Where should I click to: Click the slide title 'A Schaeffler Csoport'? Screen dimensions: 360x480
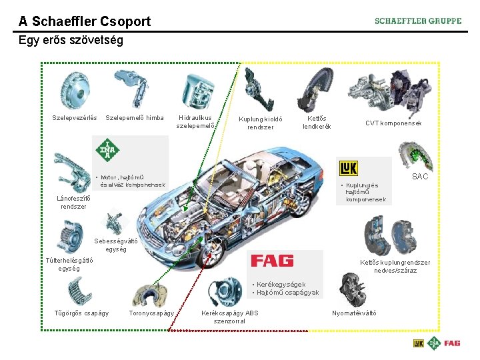point(85,21)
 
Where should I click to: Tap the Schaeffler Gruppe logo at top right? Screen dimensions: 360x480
point(418,21)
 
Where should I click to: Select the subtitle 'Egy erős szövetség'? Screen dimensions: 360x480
point(71,41)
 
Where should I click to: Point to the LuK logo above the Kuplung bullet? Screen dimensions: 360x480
point(349,168)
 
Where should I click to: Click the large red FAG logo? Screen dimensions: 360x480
point(272,260)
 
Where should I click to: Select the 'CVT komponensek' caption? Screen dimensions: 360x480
point(393,123)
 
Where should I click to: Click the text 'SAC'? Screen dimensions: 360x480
point(420,177)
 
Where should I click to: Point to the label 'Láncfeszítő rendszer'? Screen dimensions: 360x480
point(73,202)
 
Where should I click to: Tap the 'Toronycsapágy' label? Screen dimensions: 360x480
point(151,313)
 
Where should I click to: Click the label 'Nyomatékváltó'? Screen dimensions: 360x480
point(354,313)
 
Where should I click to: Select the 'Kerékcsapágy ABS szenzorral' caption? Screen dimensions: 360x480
point(230,317)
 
